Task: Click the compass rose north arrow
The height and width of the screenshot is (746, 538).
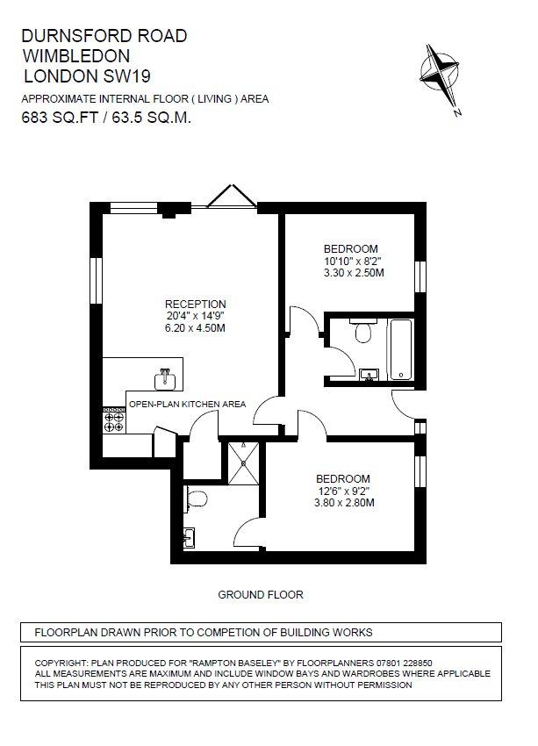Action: (x=441, y=77)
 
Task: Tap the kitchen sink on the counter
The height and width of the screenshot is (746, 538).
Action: (x=165, y=379)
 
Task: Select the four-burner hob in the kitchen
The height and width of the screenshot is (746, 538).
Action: (x=114, y=420)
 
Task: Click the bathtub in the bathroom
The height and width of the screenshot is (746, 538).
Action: (x=400, y=349)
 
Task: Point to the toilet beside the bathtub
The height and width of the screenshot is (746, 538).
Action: (x=363, y=331)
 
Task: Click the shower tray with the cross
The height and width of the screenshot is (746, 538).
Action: (x=244, y=463)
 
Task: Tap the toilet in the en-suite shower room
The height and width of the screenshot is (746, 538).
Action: (x=196, y=499)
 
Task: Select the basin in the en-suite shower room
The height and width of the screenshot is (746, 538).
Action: (x=190, y=538)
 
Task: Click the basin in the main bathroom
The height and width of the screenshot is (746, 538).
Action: (x=369, y=375)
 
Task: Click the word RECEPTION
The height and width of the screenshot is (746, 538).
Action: (x=196, y=304)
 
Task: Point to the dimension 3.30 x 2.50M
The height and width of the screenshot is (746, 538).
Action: (x=354, y=273)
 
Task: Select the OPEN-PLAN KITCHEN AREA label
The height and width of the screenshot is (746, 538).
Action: (x=188, y=405)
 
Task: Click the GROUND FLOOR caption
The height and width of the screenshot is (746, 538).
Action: (x=260, y=595)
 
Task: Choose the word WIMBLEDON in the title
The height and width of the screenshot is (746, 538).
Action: (x=76, y=56)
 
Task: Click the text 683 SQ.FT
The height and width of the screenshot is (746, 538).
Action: (x=60, y=118)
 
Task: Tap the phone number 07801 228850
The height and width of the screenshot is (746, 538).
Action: (x=405, y=663)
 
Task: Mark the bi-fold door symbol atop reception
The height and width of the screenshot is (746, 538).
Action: (x=232, y=197)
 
